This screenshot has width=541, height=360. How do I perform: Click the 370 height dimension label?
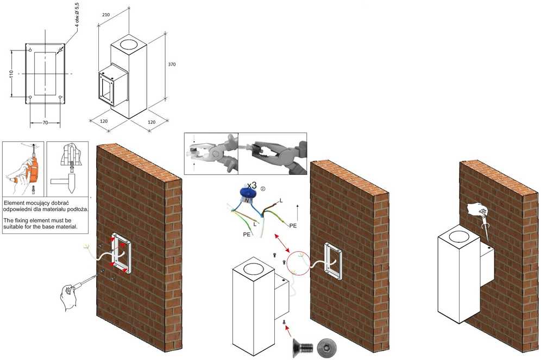pyautogui.click(x=172, y=65)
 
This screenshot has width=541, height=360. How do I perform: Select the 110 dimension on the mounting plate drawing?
pyautogui.click(x=11, y=73)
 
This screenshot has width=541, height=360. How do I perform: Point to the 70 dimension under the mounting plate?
pyautogui.click(x=45, y=123)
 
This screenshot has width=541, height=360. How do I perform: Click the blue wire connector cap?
pyautogui.click(x=247, y=193)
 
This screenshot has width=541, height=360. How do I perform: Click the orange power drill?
pyautogui.click(x=33, y=169)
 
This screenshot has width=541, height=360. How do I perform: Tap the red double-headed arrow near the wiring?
pyautogui.click(x=282, y=243)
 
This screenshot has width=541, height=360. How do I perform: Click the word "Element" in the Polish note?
pyautogui.click(x=12, y=203)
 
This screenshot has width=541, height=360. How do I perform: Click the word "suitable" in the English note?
pyautogui.click(x=13, y=226)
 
